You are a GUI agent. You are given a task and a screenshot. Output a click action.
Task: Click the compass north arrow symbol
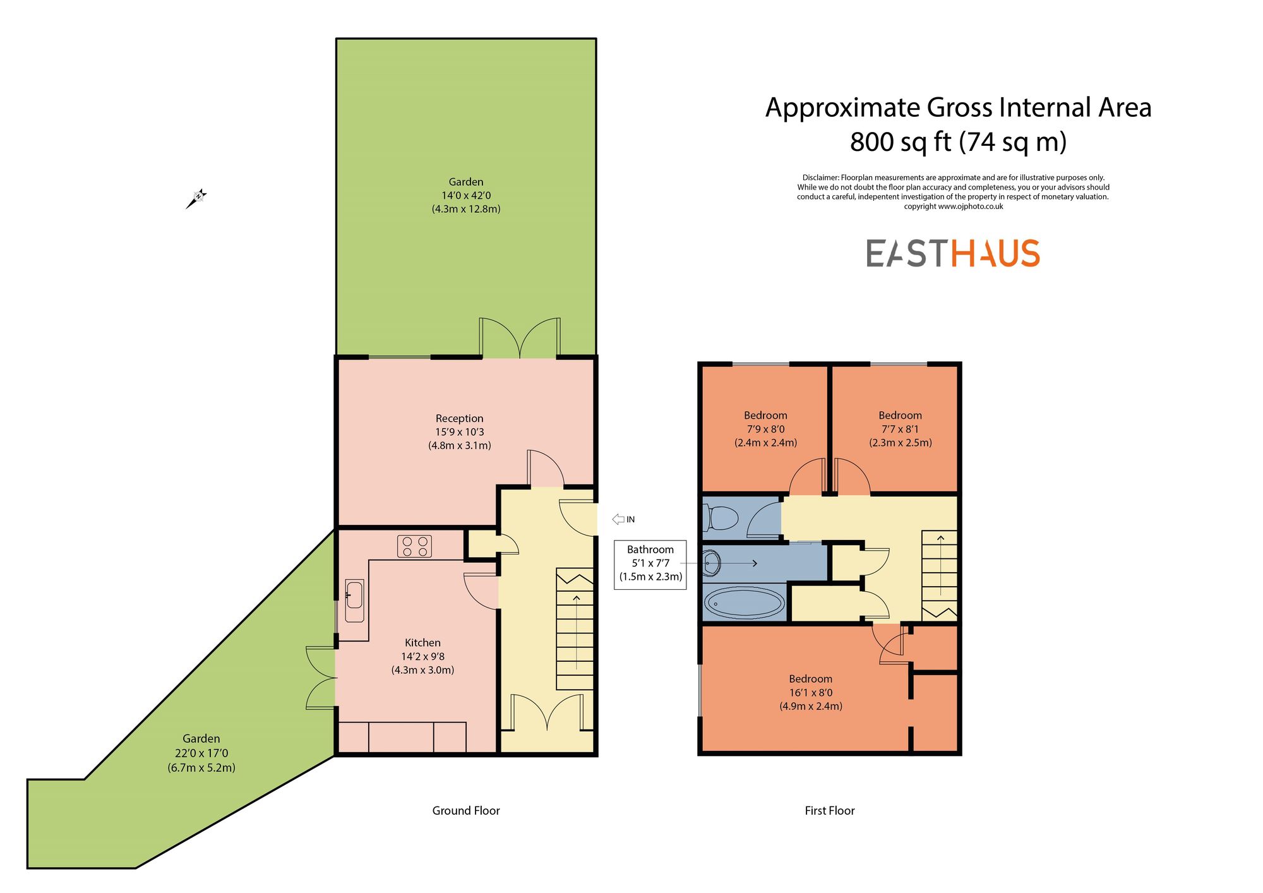point(196,198)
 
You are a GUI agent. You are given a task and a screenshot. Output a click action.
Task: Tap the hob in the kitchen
point(414,546)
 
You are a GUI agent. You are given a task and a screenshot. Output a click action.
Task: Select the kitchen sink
point(354,601)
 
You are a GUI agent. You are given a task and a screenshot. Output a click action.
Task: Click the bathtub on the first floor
point(744,602)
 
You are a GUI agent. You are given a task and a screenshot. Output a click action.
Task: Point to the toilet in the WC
point(721,518)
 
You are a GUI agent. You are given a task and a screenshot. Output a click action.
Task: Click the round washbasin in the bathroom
point(712,562)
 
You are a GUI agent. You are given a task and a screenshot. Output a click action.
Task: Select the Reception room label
point(459,418)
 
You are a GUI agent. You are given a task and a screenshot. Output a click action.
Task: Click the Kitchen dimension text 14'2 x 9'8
point(422,656)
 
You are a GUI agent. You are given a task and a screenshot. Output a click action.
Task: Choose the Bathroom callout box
point(650,563)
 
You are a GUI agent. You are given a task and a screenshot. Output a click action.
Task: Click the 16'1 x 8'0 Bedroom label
point(810,692)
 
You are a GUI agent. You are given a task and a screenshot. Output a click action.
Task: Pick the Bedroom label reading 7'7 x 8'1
point(900,429)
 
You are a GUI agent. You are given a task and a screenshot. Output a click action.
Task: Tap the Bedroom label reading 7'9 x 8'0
point(765,429)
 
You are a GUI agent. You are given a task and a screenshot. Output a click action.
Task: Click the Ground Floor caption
point(465,810)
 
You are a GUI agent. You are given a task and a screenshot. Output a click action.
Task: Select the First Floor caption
point(829,810)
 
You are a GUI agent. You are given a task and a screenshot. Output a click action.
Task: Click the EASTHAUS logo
point(952,253)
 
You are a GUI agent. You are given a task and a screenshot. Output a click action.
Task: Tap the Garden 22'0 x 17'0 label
point(201,753)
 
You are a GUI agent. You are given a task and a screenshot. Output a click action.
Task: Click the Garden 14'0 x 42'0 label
point(465,195)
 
